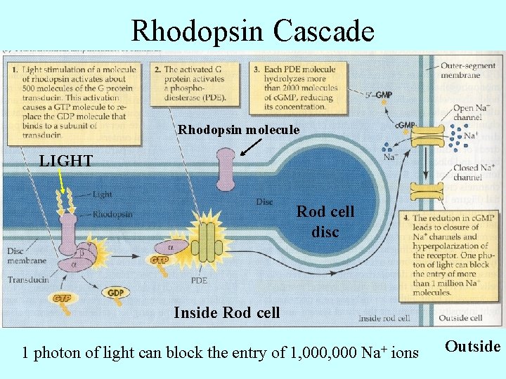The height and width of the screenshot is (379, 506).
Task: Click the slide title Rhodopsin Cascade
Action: pyautogui.click(x=253, y=31)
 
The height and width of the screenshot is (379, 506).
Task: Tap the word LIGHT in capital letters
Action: pyautogui.click(x=65, y=161)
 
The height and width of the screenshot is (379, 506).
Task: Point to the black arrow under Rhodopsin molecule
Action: pyautogui.click(x=249, y=147)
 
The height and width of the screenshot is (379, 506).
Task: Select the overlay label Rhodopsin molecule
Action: pyautogui.click(x=238, y=130)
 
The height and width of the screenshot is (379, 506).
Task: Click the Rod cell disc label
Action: pyautogui.click(x=325, y=221)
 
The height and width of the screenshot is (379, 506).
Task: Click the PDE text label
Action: pyautogui.click(x=199, y=279)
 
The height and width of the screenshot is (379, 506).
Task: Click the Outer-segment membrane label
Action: pyautogui.click(x=461, y=70)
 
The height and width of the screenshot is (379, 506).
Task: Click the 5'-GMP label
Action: pyautogui.click(x=379, y=95)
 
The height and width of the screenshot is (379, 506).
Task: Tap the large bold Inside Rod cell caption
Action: pyautogui.click(x=226, y=312)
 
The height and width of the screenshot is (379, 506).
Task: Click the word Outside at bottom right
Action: pyautogui.click(x=474, y=346)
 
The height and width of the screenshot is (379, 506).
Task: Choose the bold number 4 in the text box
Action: pyautogui.click(x=407, y=218)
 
